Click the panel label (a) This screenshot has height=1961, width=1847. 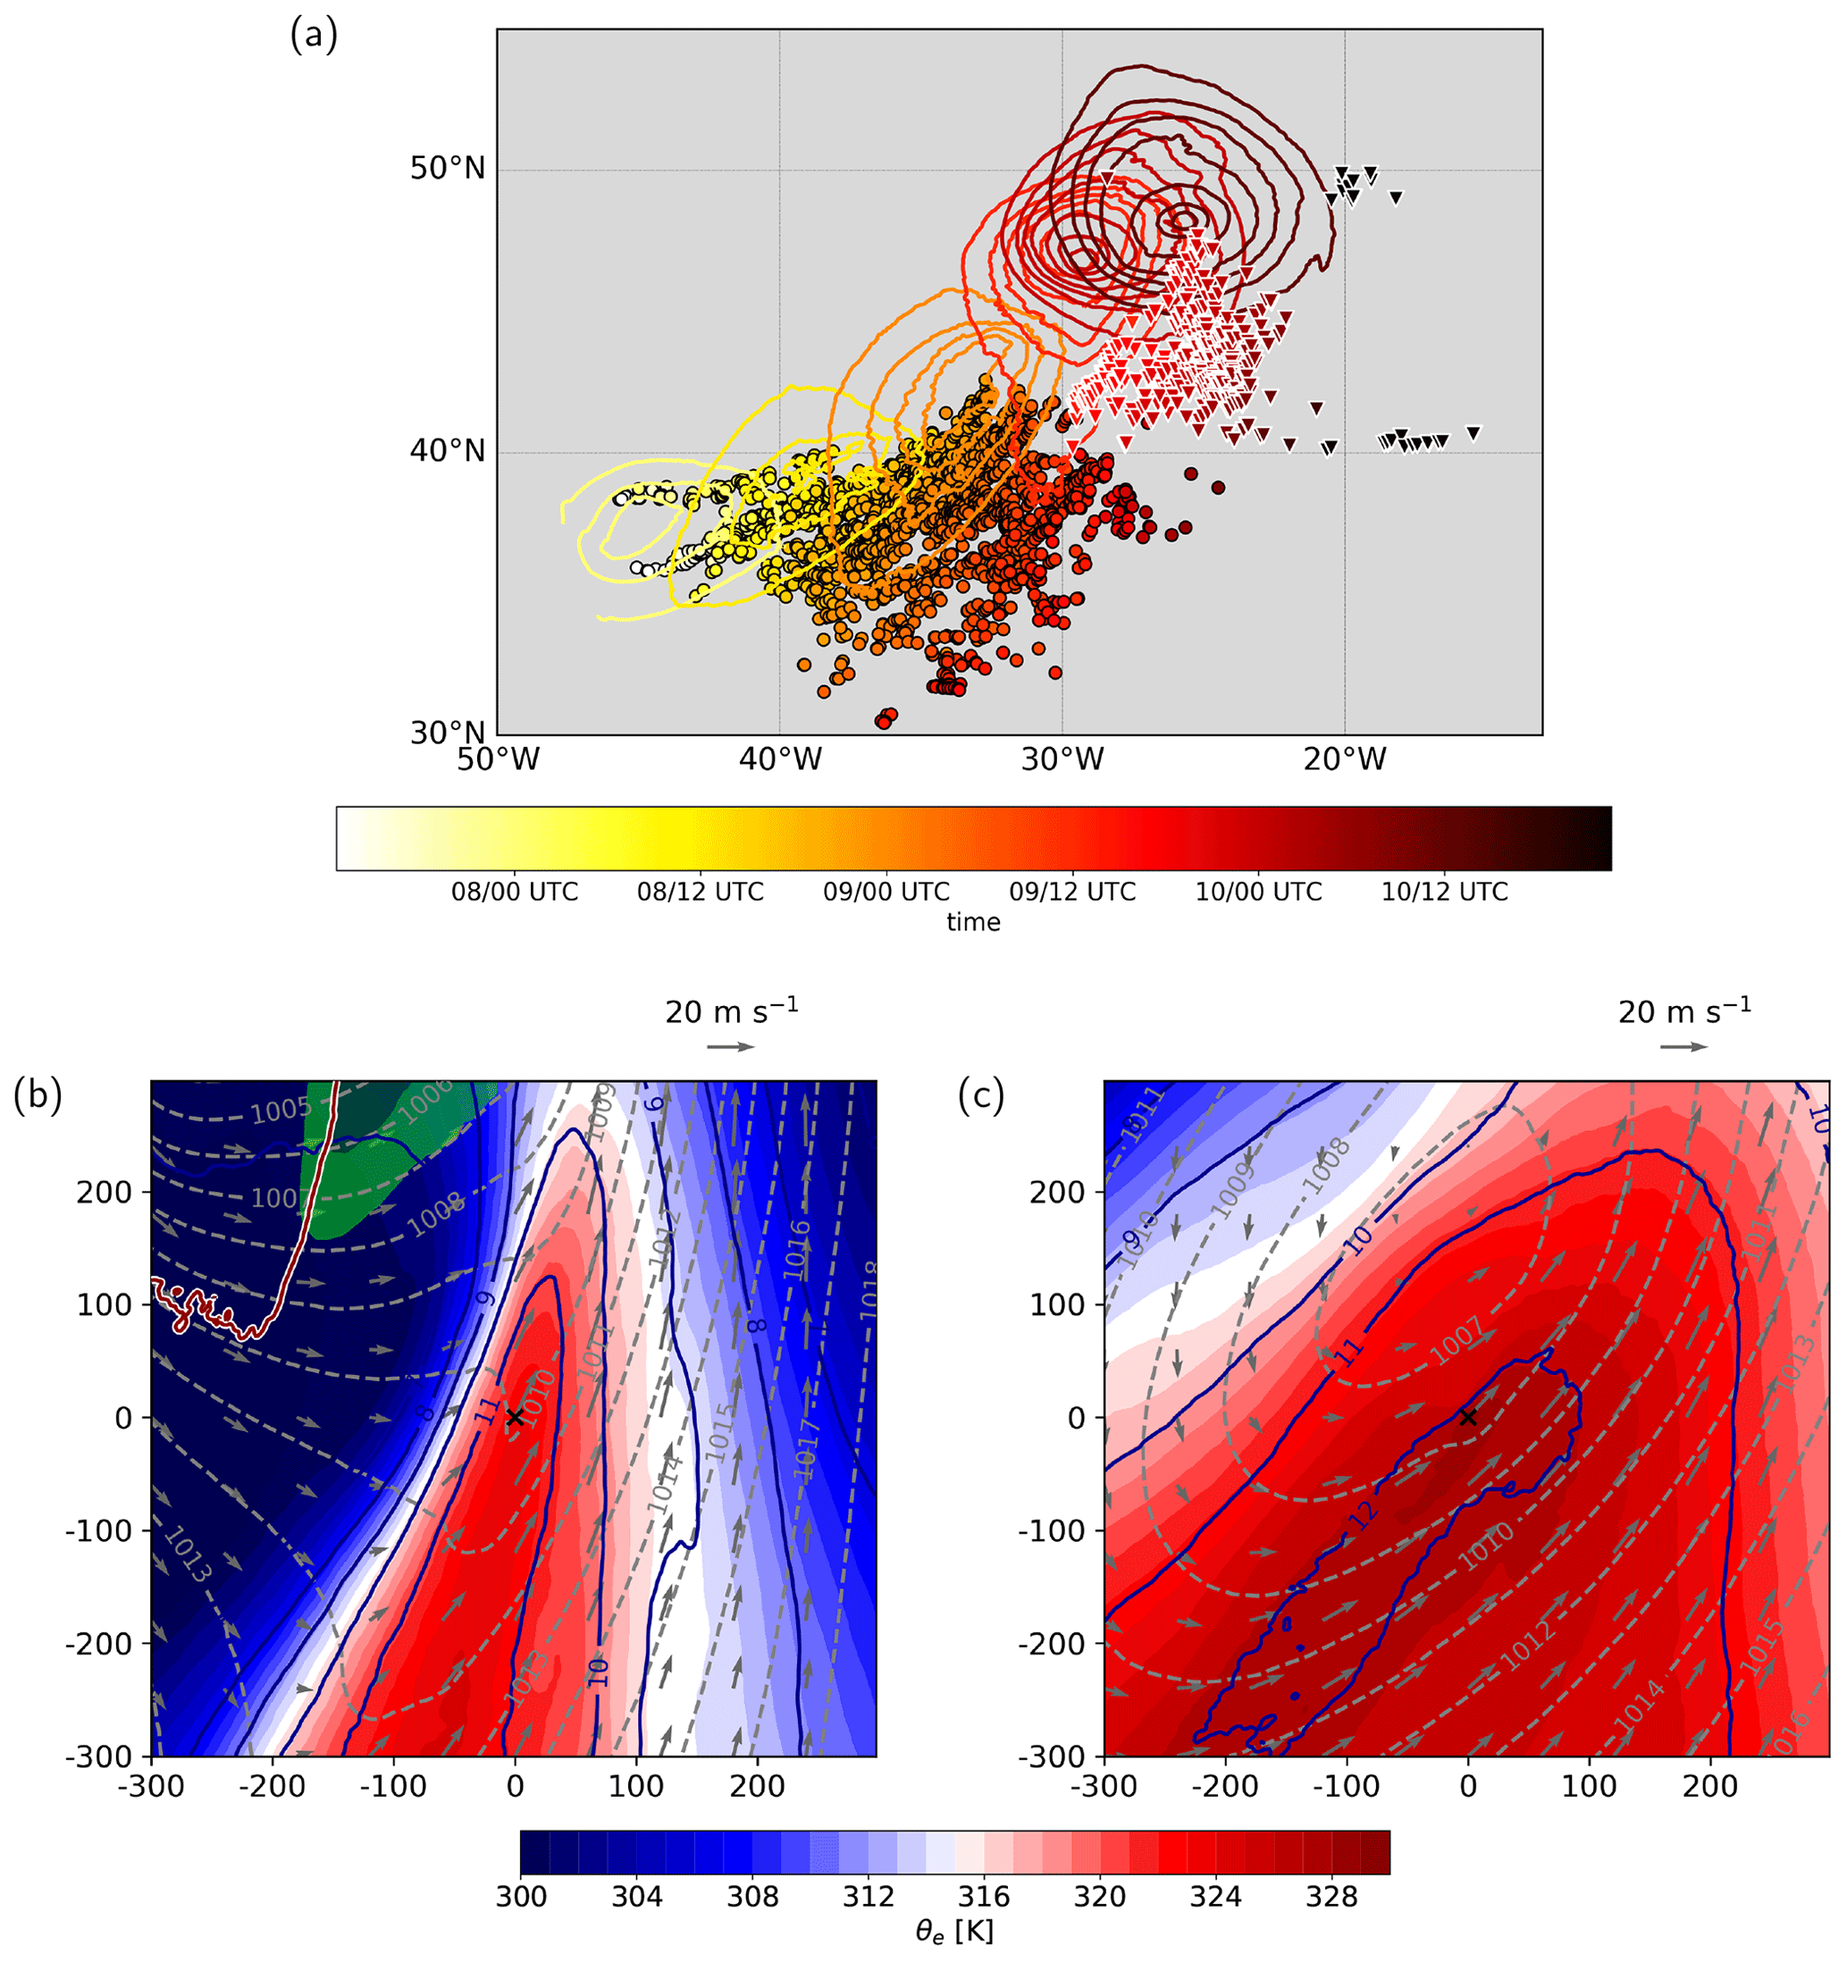pos(313,36)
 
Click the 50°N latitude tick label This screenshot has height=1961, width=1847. pos(447,169)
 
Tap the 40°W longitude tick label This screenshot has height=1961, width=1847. pos(780,759)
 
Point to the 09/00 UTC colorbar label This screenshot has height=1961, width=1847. pos(886,892)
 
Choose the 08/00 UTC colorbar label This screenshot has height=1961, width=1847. pos(514,892)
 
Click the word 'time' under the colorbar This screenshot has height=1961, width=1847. pos(973,921)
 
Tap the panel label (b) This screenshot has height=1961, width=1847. pos(38,1095)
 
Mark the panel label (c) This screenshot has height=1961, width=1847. pos(981,1095)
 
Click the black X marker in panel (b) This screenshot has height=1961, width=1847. pos(514,1418)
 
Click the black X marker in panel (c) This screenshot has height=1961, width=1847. pos(1467,1418)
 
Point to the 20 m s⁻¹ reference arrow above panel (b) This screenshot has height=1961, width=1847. pos(731,1046)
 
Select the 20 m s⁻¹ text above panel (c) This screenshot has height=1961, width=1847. pos(1684,1011)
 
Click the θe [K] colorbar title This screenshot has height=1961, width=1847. pos(953,1932)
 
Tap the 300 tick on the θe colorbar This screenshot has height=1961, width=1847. pos(521,1897)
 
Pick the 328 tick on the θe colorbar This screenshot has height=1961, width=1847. pos(1332,1897)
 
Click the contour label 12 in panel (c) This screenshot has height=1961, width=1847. pos(1364,1514)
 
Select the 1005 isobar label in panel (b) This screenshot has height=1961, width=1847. pos(281,1110)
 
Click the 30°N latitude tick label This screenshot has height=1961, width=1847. pos(447,733)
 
